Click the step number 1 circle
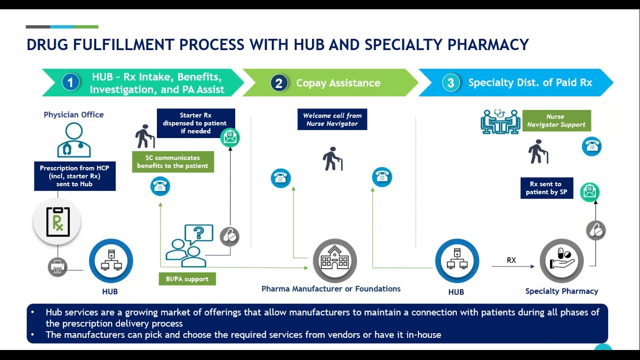coord(70,82)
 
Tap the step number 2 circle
coord(279,82)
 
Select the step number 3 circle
coord(450,82)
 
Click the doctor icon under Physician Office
coord(74,140)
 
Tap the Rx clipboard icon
coord(57,222)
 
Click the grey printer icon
coord(57,267)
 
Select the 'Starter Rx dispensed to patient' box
coord(195,123)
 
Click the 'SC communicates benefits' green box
coord(172,161)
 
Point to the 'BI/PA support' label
coord(187,279)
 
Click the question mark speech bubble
coord(198,233)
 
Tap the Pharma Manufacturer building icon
coord(334,260)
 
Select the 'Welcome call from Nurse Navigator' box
coord(332,119)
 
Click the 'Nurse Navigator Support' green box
coord(556,120)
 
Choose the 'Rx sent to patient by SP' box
coord(546,188)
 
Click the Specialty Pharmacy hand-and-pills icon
coord(561,260)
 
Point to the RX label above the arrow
coord(511,260)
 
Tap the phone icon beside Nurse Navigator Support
coord(591,146)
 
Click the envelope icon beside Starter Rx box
coord(230,137)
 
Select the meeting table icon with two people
coord(500,122)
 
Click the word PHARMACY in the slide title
coord(488,45)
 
